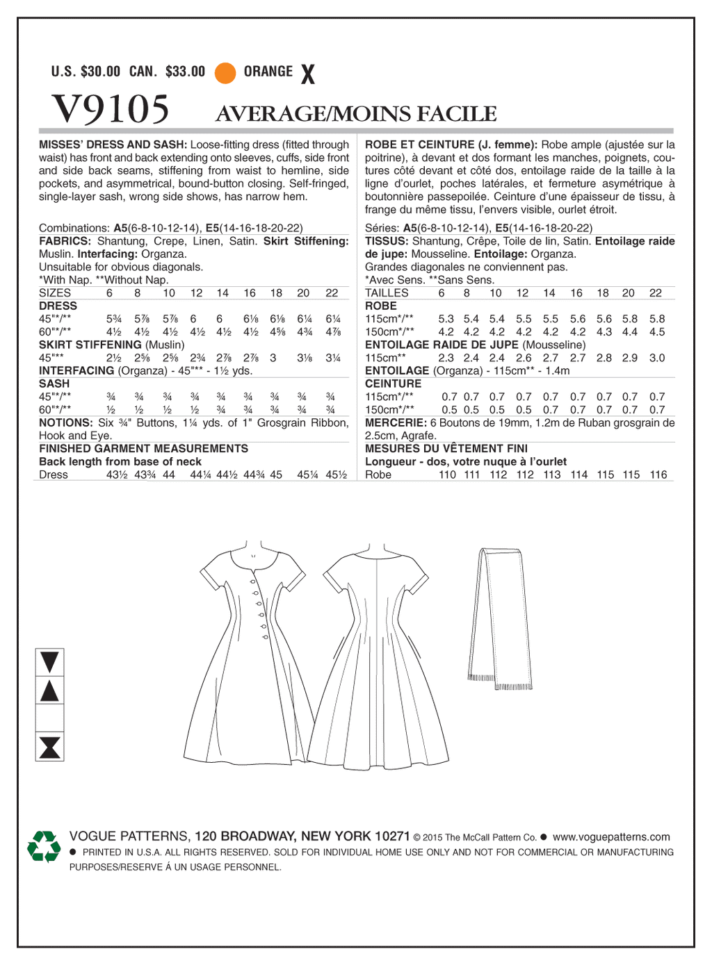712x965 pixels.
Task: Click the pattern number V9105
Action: [111, 110]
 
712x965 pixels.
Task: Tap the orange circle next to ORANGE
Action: [225, 72]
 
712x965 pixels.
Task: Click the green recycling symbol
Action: [44, 846]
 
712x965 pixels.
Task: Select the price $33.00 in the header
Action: [186, 72]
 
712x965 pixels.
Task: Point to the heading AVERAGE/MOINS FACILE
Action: [356, 114]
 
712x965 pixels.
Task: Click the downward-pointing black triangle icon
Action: [50, 661]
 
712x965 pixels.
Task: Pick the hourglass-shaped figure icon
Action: [50, 748]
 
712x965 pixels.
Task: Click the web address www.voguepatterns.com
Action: [611, 837]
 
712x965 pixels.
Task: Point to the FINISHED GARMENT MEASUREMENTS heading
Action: [143, 449]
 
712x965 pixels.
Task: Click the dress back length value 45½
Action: [336, 475]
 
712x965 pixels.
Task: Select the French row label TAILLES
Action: [387, 293]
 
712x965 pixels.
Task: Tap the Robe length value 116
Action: [658, 475]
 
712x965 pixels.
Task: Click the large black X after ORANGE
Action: [308, 74]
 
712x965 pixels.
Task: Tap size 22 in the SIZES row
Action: [332, 293]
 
